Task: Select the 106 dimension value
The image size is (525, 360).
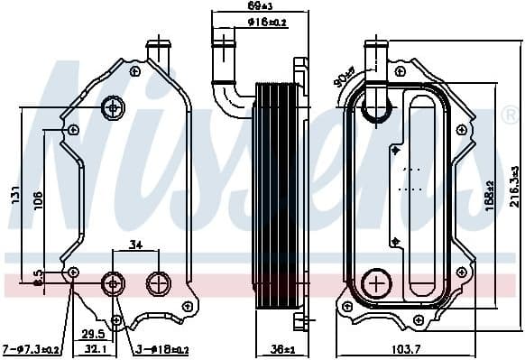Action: click(x=37, y=200)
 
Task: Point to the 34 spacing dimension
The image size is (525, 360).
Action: click(x=135, y=243)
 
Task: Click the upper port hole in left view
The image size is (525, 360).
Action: click(x=115, y=107)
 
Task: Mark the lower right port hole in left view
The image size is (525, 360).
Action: click(x=158, y=282)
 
